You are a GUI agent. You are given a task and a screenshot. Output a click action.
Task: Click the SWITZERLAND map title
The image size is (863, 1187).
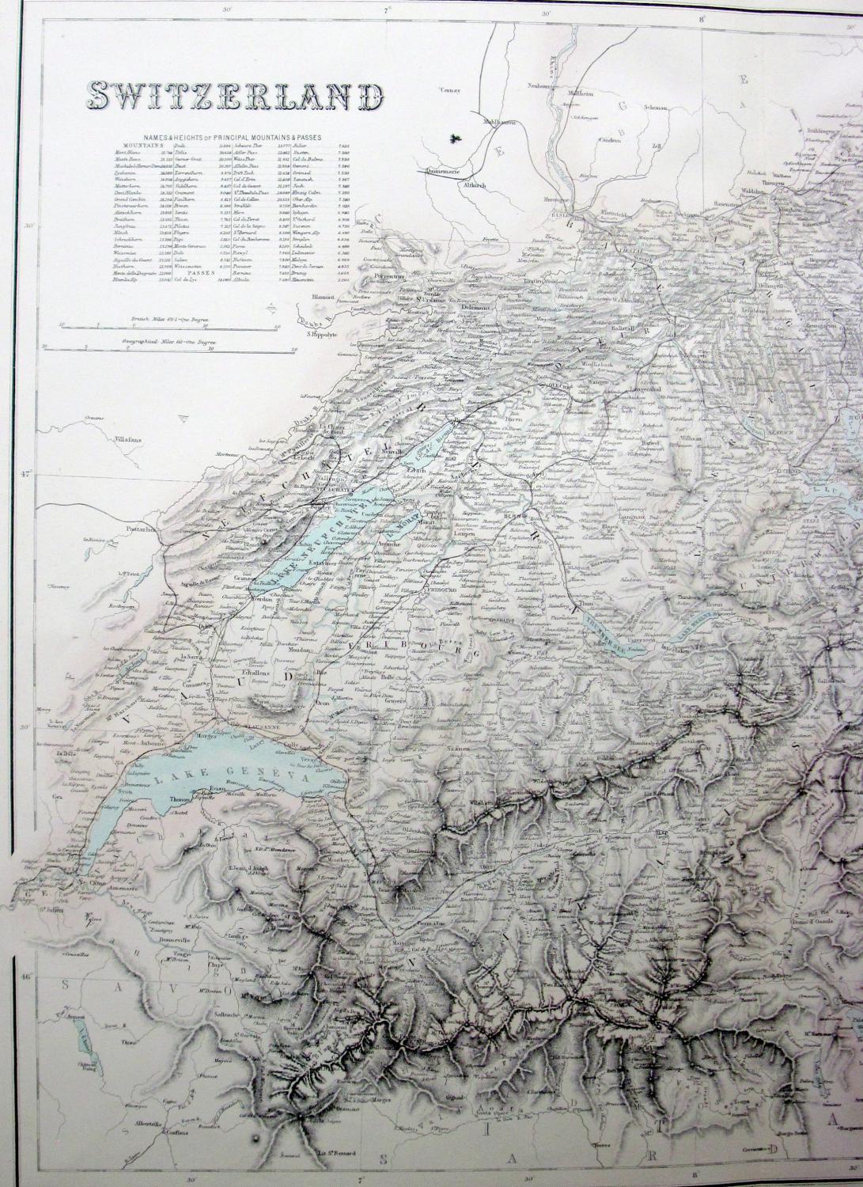pos(234,96)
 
